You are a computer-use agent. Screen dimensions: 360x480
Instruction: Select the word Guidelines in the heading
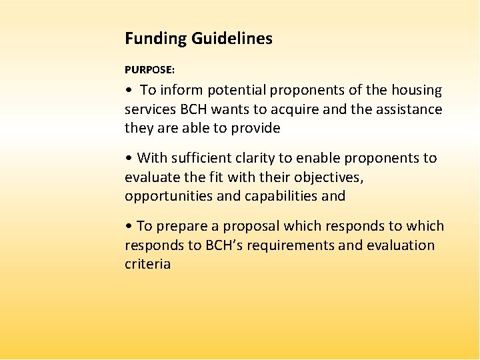[232, 39]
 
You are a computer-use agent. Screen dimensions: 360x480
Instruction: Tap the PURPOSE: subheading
[150, 69]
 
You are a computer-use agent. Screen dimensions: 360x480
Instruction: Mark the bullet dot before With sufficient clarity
[128, 159]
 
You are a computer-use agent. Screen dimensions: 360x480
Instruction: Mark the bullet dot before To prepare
[128, 227]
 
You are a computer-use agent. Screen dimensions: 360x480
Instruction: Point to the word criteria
[148, 264]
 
